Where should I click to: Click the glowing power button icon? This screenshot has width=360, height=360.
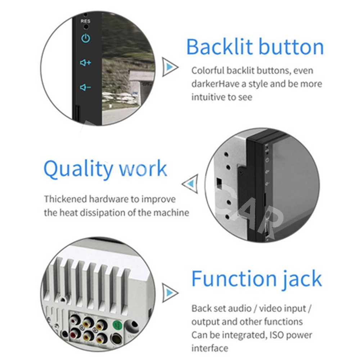point(86,39)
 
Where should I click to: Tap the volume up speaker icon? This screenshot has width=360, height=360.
point(85,62)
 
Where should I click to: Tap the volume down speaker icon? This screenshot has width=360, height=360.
point(85,87)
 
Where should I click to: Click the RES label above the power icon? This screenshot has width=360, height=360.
point(85,21)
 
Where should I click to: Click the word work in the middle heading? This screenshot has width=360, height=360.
point(143,168)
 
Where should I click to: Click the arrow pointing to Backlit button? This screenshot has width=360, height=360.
point(170,67)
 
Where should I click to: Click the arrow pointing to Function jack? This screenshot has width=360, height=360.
point(170,293)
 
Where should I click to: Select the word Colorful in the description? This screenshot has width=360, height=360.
point(208,71)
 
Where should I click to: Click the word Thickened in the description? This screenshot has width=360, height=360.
point(65,199)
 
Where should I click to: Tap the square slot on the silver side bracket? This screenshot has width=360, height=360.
point(219,181)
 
